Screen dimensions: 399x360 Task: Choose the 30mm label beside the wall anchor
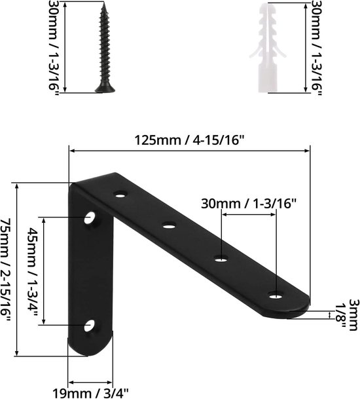coord(315,47)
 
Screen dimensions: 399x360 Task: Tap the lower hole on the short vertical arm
coord(90,325)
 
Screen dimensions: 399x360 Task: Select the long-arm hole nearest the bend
coord(120,194)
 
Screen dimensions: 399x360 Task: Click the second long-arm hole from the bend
coord(170,226)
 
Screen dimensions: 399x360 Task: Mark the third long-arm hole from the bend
coord(221,260)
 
